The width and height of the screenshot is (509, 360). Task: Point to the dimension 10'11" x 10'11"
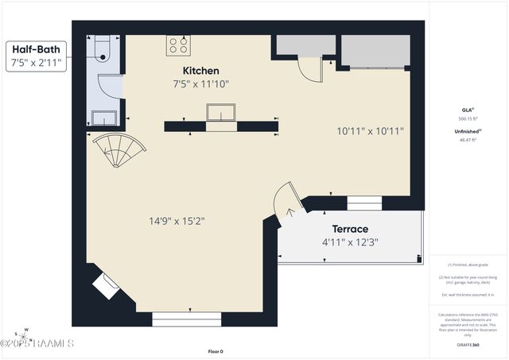pos(370,131)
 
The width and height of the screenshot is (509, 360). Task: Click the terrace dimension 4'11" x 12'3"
pos(349,242)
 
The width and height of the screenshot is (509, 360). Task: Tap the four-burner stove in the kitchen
pos(177,45)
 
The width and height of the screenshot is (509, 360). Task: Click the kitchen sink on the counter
pos(221,114)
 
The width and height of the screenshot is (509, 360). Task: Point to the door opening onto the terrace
pos(284,200)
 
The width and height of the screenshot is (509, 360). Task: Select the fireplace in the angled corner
pos(105,285)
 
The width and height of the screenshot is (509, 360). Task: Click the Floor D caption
pos(216,351)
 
